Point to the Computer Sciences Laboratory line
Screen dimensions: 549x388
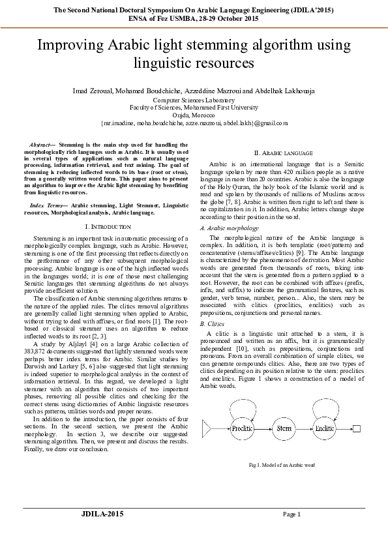click(194, 100)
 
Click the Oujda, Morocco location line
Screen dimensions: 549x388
click(194, 114)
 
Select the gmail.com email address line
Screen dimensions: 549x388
click(194, 122)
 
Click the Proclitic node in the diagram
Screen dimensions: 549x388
click(242, 428)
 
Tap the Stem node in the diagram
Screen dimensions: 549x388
click(284, 428)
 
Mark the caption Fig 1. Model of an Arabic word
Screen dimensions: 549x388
click(282, 465)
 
